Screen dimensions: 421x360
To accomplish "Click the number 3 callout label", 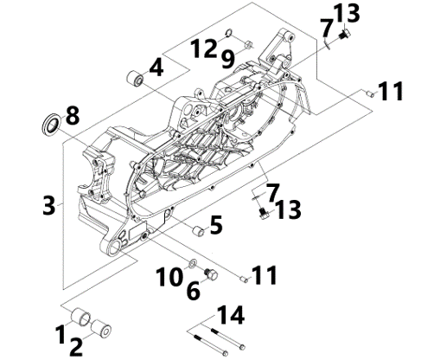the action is click(49, 205).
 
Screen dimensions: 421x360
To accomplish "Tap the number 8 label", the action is click(73, 115).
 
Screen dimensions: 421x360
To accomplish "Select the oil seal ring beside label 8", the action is click(52, 125).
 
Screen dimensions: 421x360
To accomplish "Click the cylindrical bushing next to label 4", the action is click(135, 78).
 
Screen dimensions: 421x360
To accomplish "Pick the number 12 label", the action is click(204, 48).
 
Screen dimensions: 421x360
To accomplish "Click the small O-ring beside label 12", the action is click(228, 33).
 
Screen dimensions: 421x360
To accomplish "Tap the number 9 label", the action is click(228, 60).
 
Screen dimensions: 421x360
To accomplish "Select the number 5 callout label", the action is click(216, 224).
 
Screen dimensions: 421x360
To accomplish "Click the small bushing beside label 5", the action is click(199, 231).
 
